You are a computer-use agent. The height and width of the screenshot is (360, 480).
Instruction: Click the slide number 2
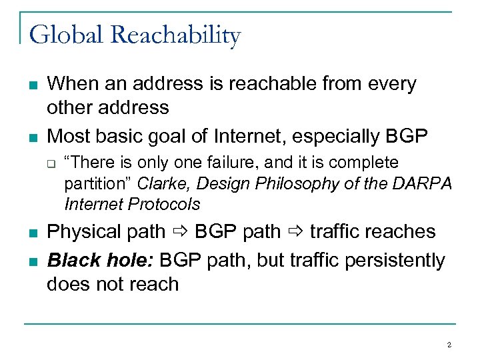click(449, 345)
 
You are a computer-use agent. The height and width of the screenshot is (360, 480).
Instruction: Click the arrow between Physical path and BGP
click(180, 232)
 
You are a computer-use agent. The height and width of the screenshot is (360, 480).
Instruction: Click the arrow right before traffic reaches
click(294, 232)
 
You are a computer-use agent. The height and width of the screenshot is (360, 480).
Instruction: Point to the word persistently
click(395, 259)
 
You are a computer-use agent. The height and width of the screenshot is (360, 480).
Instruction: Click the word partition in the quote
click(92, 183)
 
